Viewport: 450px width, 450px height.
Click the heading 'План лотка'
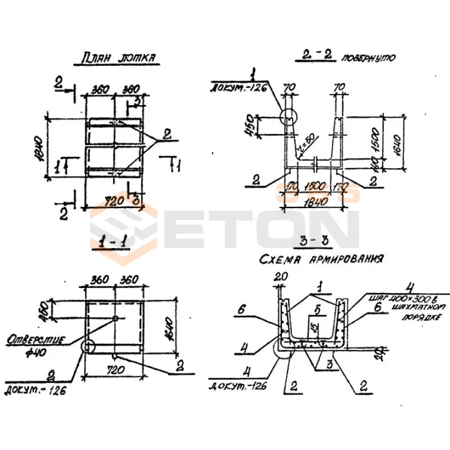118,59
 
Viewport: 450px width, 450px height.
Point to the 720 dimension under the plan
115,201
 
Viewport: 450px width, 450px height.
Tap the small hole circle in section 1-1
115,318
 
